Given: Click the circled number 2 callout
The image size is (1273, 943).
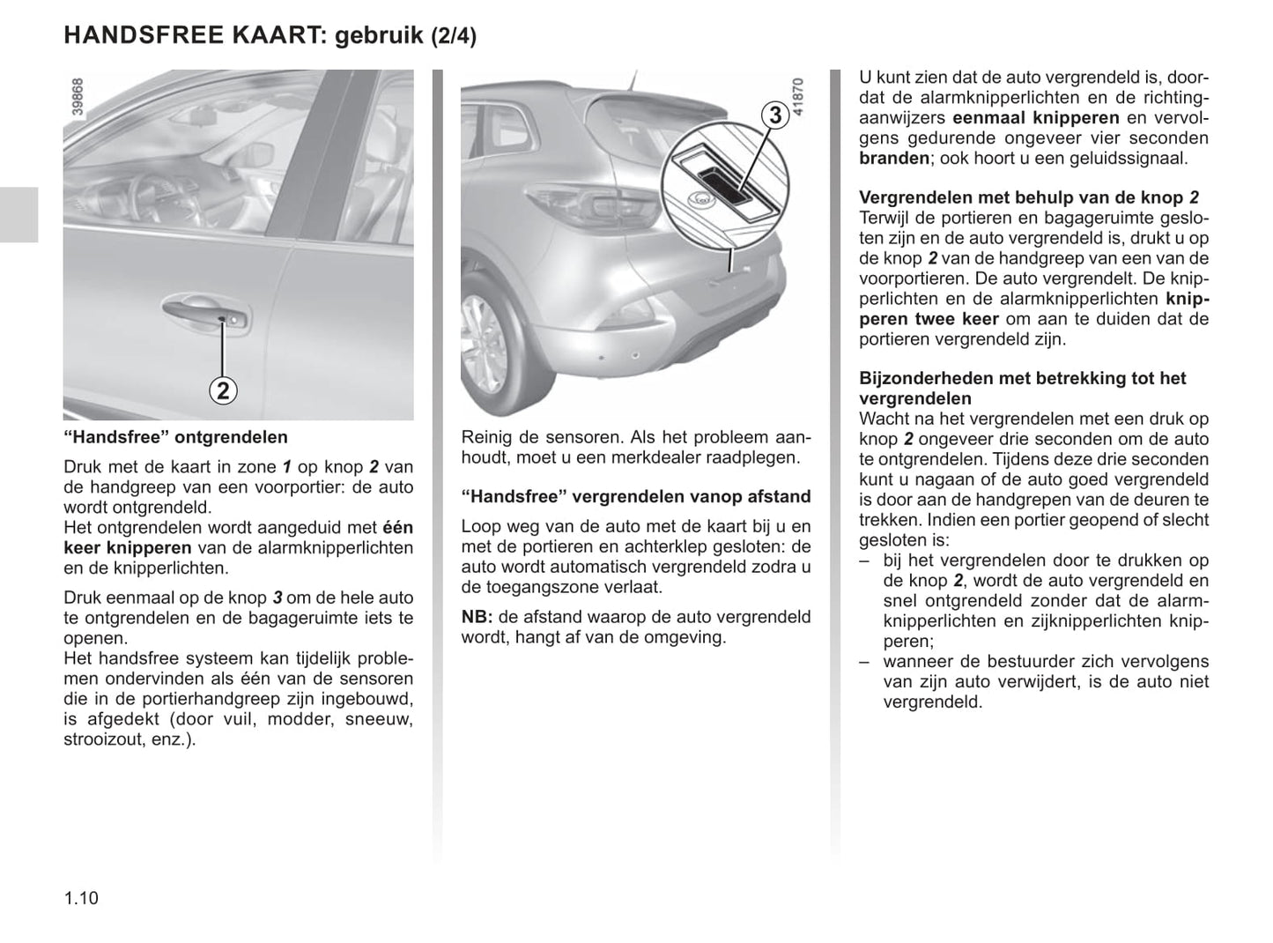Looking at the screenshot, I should click(x=223, y=390).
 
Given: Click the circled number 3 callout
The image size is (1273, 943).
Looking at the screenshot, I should click(x=774, y=115).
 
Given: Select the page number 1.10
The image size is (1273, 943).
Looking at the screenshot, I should click(x=81, y=898).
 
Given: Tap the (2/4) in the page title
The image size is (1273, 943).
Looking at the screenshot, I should click(x=454, y=37).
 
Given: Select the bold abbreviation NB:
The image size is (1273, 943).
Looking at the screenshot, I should click(x=477, y=617).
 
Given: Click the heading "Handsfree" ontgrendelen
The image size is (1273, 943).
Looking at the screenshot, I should click(x=176, y=437).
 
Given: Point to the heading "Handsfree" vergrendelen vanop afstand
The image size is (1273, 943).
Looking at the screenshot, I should click(x=636, y=496).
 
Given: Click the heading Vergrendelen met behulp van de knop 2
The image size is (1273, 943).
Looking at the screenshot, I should click(x=1028, y=197).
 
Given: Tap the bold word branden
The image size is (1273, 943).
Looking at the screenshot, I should click(x=894, y=159).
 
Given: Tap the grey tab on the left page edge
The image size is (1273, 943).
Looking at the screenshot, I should click(x=19, y=214).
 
